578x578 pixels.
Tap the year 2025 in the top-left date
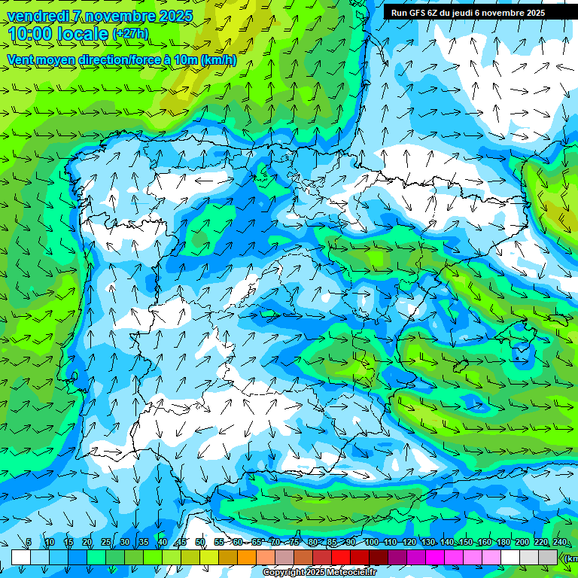click(x=175, y=17)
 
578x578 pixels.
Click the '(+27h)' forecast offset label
click(x=130, y=34)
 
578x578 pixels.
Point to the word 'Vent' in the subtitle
click(x=20, y=59)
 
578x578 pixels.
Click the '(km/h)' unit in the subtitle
click(x=218, y=59)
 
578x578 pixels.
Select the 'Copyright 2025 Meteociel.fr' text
click(x=319, y=573)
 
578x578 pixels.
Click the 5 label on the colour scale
click(x=29, y=543)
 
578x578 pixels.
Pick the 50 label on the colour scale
click(x=200, y=543)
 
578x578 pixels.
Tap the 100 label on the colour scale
click(x=371, y=543)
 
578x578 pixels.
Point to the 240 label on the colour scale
click(x=560, y=543)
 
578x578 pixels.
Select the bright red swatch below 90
click(x=341, y=557)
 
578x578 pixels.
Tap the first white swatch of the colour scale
click(x=20, y=557)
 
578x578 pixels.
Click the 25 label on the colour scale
click(x=105, y=543)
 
